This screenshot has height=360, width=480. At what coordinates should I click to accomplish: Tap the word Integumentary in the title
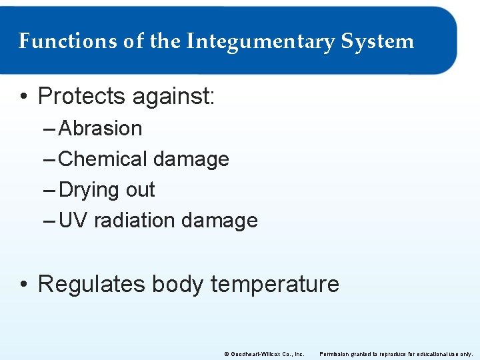pyautogui.click(x=260, y=41)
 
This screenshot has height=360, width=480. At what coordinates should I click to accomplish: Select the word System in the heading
pyautogui.click(x=377, y=41)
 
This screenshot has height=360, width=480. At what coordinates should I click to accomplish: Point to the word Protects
pyautogui.click(x=81, y=97)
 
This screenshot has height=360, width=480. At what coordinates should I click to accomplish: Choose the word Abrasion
pyautogui.click(x=101, y=128)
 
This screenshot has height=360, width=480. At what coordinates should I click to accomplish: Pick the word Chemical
pyautogui.click(x=103, y=159)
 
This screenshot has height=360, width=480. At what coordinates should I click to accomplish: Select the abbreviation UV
pyautogui.click(x=73, y=220)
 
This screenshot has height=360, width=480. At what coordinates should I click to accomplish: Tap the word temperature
pyautogui.click(x=275, y=285)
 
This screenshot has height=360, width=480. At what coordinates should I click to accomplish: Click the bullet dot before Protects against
pyautogui.click(x=24, y=97)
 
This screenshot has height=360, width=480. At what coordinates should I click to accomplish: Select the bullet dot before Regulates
pyautogui.click(x=24, y=285)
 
